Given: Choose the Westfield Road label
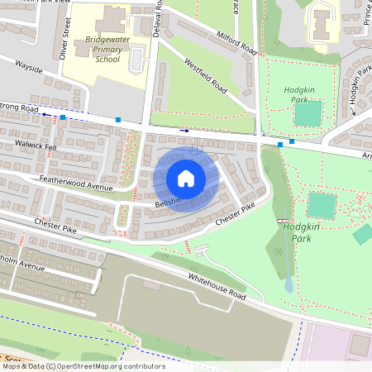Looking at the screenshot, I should point(206,74).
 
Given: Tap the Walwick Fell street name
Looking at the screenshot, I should point(35,145).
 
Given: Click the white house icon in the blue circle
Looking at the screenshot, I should point(186,179).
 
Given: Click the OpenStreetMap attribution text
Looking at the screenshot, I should point(83,365).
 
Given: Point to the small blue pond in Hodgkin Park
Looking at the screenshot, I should point(288,284).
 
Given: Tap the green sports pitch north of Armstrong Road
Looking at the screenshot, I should point(308,113).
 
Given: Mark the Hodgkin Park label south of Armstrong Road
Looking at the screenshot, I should point(296,231).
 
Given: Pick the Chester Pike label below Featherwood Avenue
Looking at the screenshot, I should point(55,226).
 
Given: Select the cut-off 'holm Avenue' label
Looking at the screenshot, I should point(21,265).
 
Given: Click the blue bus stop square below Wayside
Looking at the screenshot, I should point(63,117).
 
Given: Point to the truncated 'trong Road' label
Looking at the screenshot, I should point(18,109).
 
